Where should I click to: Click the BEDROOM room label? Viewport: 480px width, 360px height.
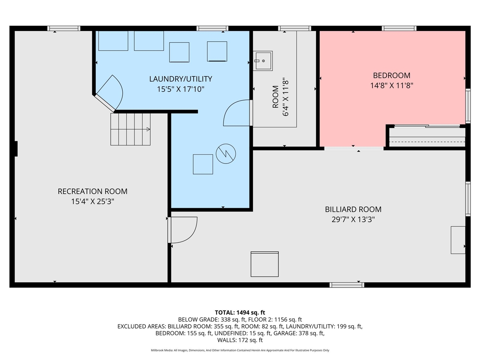[x=391, y=75]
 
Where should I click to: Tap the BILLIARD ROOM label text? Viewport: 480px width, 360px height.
[x=353, y=209]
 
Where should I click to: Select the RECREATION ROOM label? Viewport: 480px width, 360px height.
[x=93, y=191]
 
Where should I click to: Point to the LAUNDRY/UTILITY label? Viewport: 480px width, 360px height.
[x=181, y=79]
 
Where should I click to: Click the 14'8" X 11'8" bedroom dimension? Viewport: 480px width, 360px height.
[x=391, y=85]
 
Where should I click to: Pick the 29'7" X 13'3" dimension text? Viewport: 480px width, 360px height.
[x=353, y=219]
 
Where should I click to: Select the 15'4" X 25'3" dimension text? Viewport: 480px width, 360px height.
[x=93, y=201]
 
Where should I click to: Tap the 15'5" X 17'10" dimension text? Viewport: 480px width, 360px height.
[x=181, y=89]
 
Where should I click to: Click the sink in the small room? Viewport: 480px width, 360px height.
[x=262, y=61]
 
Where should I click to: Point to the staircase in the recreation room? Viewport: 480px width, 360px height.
[x=130, y=129]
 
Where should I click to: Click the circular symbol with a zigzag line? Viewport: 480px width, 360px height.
[x=226, y=154]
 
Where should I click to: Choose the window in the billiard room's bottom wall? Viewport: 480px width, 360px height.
[x=347, y=285]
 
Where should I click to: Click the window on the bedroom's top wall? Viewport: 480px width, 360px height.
[x=399, y=28]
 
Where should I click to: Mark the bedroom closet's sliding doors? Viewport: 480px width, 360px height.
[x=427, y=126]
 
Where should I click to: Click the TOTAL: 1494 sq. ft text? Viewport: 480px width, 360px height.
[x=240, y=313]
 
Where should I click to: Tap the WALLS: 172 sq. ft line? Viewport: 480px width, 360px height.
[x=240, y=340]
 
